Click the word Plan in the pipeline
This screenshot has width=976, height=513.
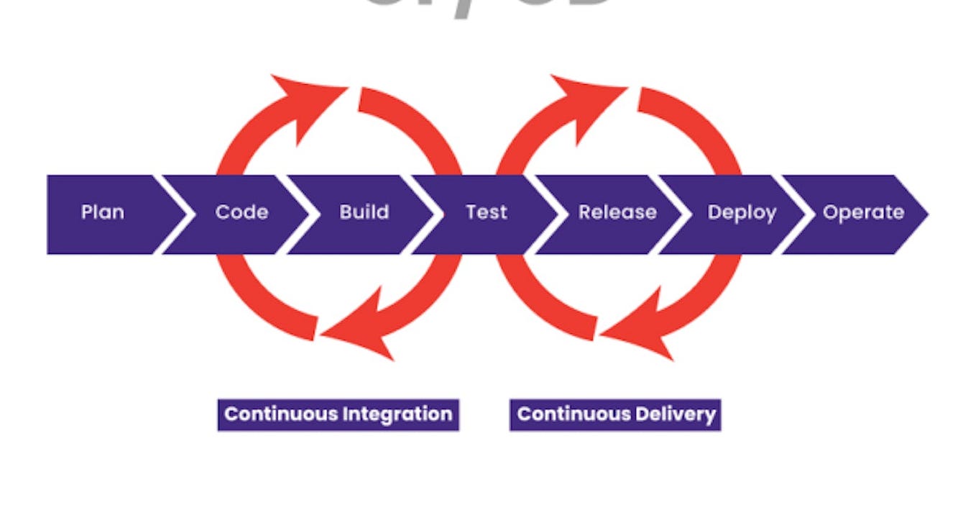[102, 213]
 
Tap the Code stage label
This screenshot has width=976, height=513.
[241, 213]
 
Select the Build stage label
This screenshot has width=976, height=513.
[364, 213]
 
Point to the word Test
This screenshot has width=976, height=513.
[486, 213]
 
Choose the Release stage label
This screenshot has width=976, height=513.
[617, 213]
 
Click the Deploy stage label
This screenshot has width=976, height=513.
[742, 213]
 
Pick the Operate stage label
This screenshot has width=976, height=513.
[863, 213]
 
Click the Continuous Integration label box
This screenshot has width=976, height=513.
[338, 414]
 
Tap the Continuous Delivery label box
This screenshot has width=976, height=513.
[615, 414]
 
